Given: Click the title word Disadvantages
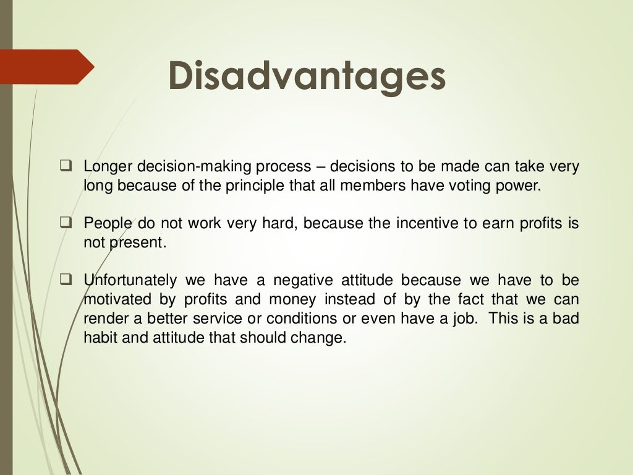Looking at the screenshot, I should (307, 77).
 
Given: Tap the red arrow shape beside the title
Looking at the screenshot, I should (46, 67).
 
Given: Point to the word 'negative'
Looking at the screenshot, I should (307, 281).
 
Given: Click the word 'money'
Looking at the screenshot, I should (292, 300).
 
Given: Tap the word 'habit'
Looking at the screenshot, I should (99, 338).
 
